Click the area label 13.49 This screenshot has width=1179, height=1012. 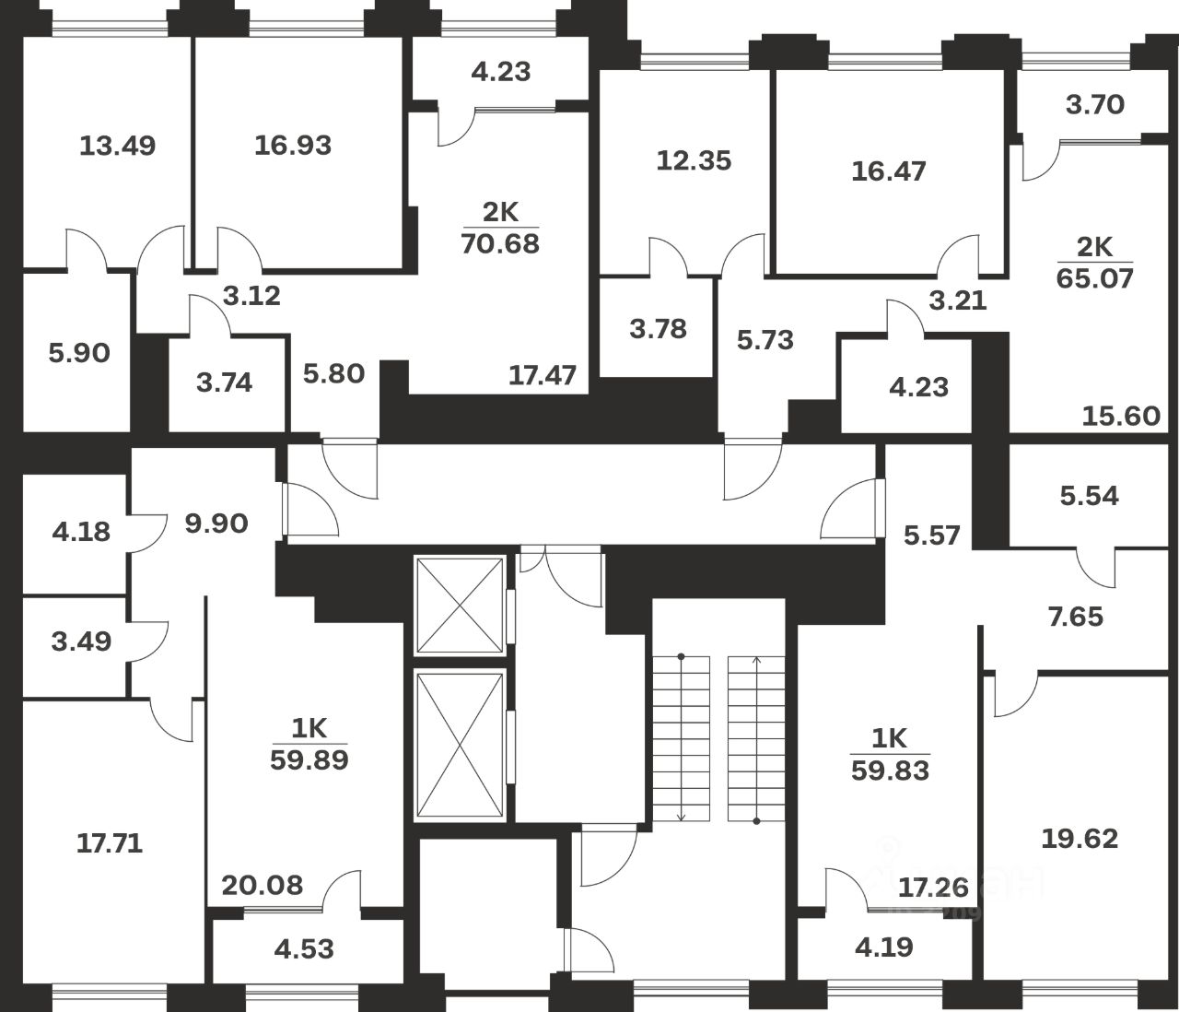pyautogui.click(x=117, y=146)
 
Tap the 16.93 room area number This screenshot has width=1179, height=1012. pyautogui.click(x=293, y=146)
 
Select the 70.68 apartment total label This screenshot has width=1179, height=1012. pyautogui.click(x=500, y=244)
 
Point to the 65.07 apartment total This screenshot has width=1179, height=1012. pyautogui.click(x=1094, y=277)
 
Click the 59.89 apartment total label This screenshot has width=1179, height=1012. pyautogui.click(x=309, y=760)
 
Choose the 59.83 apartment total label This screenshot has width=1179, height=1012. pyautogui.click(x=890, y=770)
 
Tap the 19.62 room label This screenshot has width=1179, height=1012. pyautogui.click(x=1080, y=839)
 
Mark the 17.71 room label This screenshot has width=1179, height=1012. pyautogui.click(x=110, y=843)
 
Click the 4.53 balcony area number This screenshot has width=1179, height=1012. pyautogui.click(x=304, y=948)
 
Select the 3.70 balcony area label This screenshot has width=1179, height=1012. pyautogui.click(x=1095, y=105)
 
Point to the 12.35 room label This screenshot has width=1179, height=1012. pyautogui.click(x=694, y=160)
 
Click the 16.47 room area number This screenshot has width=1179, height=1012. pyautogui.click(x=889, y=171)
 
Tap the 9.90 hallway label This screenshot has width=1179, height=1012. pyautogui.click(x=216, y=524)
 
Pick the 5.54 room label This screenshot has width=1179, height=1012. pyautogui.click(x=1090, y=496)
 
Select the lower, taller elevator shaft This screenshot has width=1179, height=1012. pyautogui.click(x=460, y=745)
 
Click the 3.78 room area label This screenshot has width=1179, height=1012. pyautogui.click(x=658, y=329)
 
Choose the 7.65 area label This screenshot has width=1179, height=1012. pyautogui.click(x=1075, y=616)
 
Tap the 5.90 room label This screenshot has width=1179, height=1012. pyautogui.click(x=79, y=353)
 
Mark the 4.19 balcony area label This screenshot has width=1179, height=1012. pyautogui.click(x=884, y=947)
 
